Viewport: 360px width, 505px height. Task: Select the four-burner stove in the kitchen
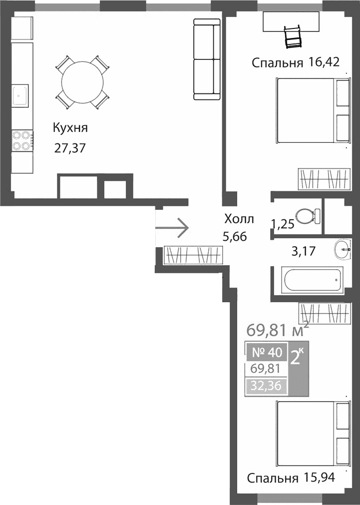click(x=21, y=140)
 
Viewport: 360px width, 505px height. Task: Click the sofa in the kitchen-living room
click(x=207, y=59)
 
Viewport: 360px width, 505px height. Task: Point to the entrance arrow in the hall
click(x=172, y=228)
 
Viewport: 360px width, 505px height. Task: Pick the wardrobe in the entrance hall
click(x=193, y=256)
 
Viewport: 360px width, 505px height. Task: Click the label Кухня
click(x=70, y=128)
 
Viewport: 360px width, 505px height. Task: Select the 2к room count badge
click(x=298, y=357)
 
